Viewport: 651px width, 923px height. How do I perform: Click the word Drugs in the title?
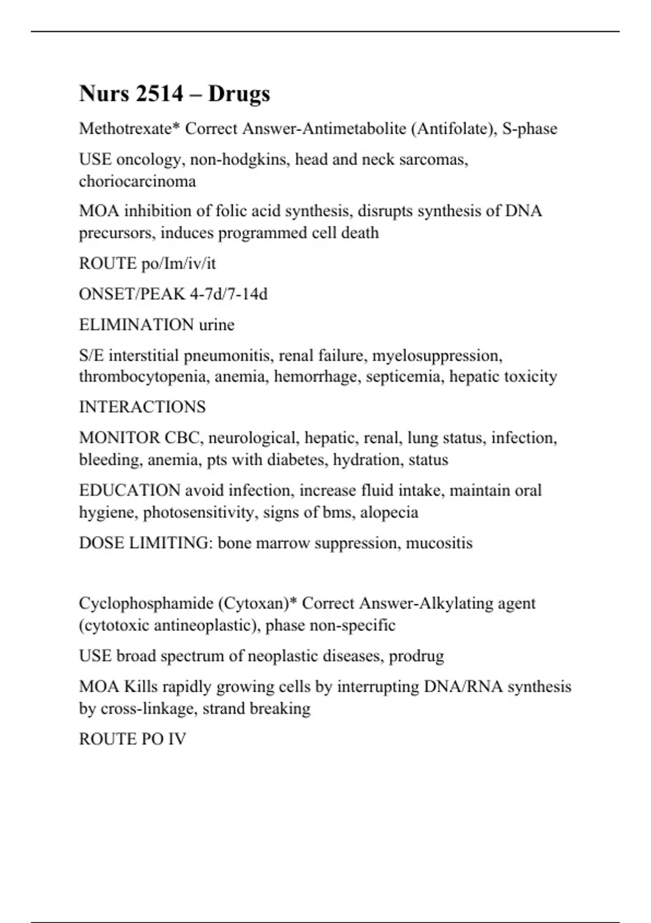pyautogui.click(x=239, y=94)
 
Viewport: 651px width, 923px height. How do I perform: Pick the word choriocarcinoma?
pyautogui.click(x=137, y=181)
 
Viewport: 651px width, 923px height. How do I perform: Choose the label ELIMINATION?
pyautogui.click(x=136, y=325)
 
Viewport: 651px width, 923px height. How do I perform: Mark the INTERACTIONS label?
pyautogui.click(x=142, y=407)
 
